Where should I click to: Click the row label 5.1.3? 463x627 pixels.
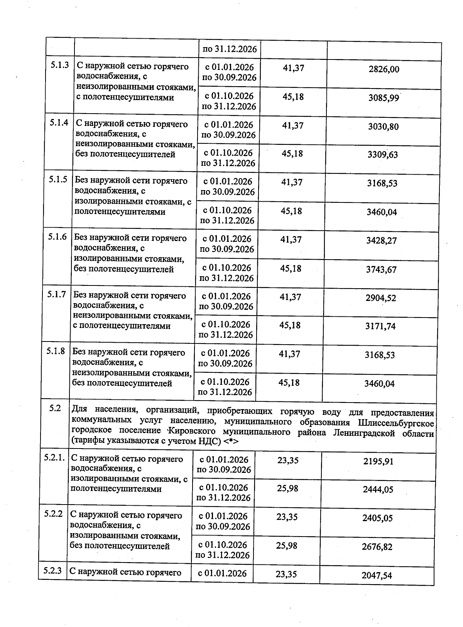[x=59, y=65]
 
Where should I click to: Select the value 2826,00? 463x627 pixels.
[x=384, y=70]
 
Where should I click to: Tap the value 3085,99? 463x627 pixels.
[x=384, y=98]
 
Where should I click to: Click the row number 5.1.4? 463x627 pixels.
[x=59, y=122]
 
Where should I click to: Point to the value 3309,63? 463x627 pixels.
[x=383, y=155]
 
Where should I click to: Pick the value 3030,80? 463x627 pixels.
[x=383, y=127]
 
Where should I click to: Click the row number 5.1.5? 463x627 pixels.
[x=58, y=179]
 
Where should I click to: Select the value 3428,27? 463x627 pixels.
[x=382, y=241]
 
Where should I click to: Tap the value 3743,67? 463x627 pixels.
[x=381, y=270]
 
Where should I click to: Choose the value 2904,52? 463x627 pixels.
[x=381, y=298]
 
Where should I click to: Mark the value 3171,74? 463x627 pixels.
[x=380, y=326]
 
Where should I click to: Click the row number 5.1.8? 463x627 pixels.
[x=56, y=351]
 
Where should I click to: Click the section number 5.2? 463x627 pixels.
[x=55, y=408]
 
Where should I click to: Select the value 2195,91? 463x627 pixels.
[x=379, y=462]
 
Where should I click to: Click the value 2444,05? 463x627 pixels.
[x=378, y=490]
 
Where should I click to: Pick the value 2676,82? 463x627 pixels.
[x=377, y=547]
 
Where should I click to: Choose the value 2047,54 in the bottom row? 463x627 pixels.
[x=377, y=576]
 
